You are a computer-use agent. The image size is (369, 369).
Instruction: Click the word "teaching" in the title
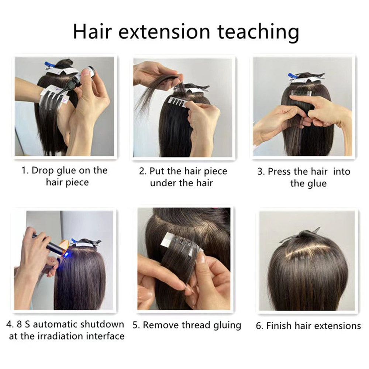coord(258,32)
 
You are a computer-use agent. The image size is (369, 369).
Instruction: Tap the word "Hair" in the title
coord(92,31)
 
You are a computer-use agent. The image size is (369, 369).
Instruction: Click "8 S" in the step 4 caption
coord(23,325)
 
